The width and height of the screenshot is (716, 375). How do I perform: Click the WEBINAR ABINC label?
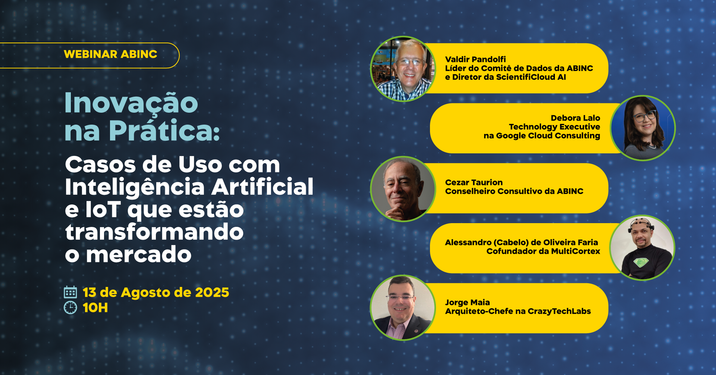[x=110, y=54]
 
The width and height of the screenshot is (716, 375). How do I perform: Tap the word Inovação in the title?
[x=131, y=103]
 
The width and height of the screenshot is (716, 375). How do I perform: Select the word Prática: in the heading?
[x=164, y=131]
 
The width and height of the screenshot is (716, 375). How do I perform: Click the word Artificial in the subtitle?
[x=263, y=187]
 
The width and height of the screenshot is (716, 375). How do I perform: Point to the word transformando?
[x=154, y=232]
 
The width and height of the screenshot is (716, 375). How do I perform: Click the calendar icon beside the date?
[x=70, y=293]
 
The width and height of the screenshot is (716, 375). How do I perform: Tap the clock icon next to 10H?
[x=70, y=308]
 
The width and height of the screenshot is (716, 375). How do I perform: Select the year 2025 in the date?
[x=212, y=293]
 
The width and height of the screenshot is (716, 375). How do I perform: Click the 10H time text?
[x=95, y=308]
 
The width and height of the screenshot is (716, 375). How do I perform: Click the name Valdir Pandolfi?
[x=475, y=59]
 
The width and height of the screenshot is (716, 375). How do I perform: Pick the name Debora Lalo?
[x=575, y=118]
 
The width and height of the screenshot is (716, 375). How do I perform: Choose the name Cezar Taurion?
[x=474, y=182]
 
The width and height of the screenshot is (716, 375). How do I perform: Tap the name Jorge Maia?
[x=468, y=302]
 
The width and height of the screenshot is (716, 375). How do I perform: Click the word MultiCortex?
[x=576, y=251]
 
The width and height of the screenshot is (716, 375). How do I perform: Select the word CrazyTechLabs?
[x=559, y=311]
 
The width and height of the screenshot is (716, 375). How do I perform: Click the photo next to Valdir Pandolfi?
[x=403, y=69]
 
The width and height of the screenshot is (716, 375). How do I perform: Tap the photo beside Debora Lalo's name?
[x=643, y=128]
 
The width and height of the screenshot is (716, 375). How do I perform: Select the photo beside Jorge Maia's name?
[x=403, y=308]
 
